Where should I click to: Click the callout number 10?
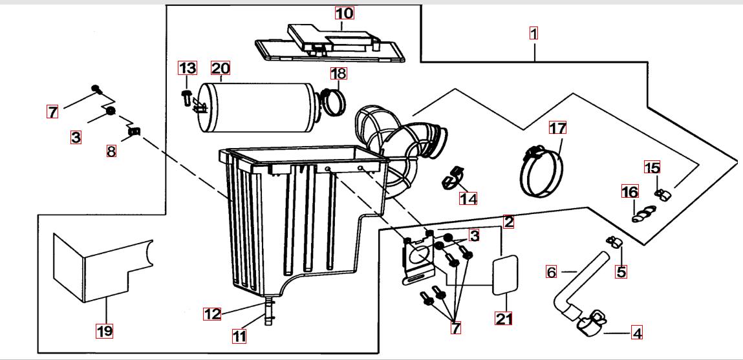click(x=344, y=13)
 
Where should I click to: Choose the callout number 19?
click(x=104, y=331)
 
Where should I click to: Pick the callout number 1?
click(x=533, y=32)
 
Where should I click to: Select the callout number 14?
click(x=468, y=198)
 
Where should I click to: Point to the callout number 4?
click(x=637, y=334)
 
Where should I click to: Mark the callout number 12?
click(x=212, y=314)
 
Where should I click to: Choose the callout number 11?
click(x=239, y=335)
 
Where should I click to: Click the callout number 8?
click(x=111, y=153)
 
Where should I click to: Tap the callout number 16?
click(x=629, y=192)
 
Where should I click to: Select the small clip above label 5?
click(x=613, y=242)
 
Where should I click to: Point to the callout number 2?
click(x=508, y=222)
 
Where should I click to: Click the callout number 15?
click(x=652, y=168)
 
